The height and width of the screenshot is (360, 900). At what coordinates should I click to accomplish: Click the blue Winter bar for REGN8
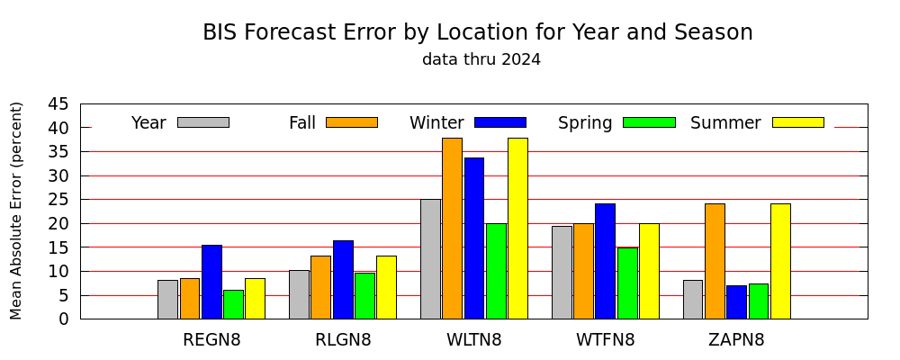tap(211, 282)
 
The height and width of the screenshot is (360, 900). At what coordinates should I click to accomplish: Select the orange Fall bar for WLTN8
tap(453, 229)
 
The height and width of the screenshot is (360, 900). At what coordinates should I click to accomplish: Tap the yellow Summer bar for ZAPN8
tap(780, 261)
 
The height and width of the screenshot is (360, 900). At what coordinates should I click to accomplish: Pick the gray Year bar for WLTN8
tap(430, 259)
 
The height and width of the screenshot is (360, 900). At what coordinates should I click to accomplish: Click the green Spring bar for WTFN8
tap(627, 283)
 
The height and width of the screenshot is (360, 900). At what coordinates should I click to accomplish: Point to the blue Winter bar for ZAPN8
tap(737, 302)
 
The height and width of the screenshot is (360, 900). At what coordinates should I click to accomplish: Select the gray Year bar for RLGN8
tap(299, 294)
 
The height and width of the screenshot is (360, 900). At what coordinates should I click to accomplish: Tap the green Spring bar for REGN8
tap(234, 304)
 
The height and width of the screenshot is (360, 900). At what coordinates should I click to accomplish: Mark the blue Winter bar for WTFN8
tap(606, 261)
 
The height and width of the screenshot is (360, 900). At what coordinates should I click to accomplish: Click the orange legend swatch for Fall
tap(352, 122)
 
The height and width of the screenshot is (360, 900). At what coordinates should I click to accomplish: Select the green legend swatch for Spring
tap(649, 122)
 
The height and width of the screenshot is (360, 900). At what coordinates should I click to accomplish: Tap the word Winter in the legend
tap(436, 123)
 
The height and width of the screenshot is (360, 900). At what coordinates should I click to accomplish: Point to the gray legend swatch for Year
tap(203, 122)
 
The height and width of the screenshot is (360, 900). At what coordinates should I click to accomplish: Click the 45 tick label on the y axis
tap(58, 104)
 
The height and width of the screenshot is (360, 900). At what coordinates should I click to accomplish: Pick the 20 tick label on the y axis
tap(58, 224)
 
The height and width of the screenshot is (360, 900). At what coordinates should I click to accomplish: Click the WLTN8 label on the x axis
tap(474, 340)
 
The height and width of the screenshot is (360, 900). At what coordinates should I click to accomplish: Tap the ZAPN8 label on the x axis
tap(737, 340)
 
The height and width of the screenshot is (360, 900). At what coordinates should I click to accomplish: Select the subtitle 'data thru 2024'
tap(481, 59)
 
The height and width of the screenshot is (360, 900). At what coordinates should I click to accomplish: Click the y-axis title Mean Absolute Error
tap(15, 211)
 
